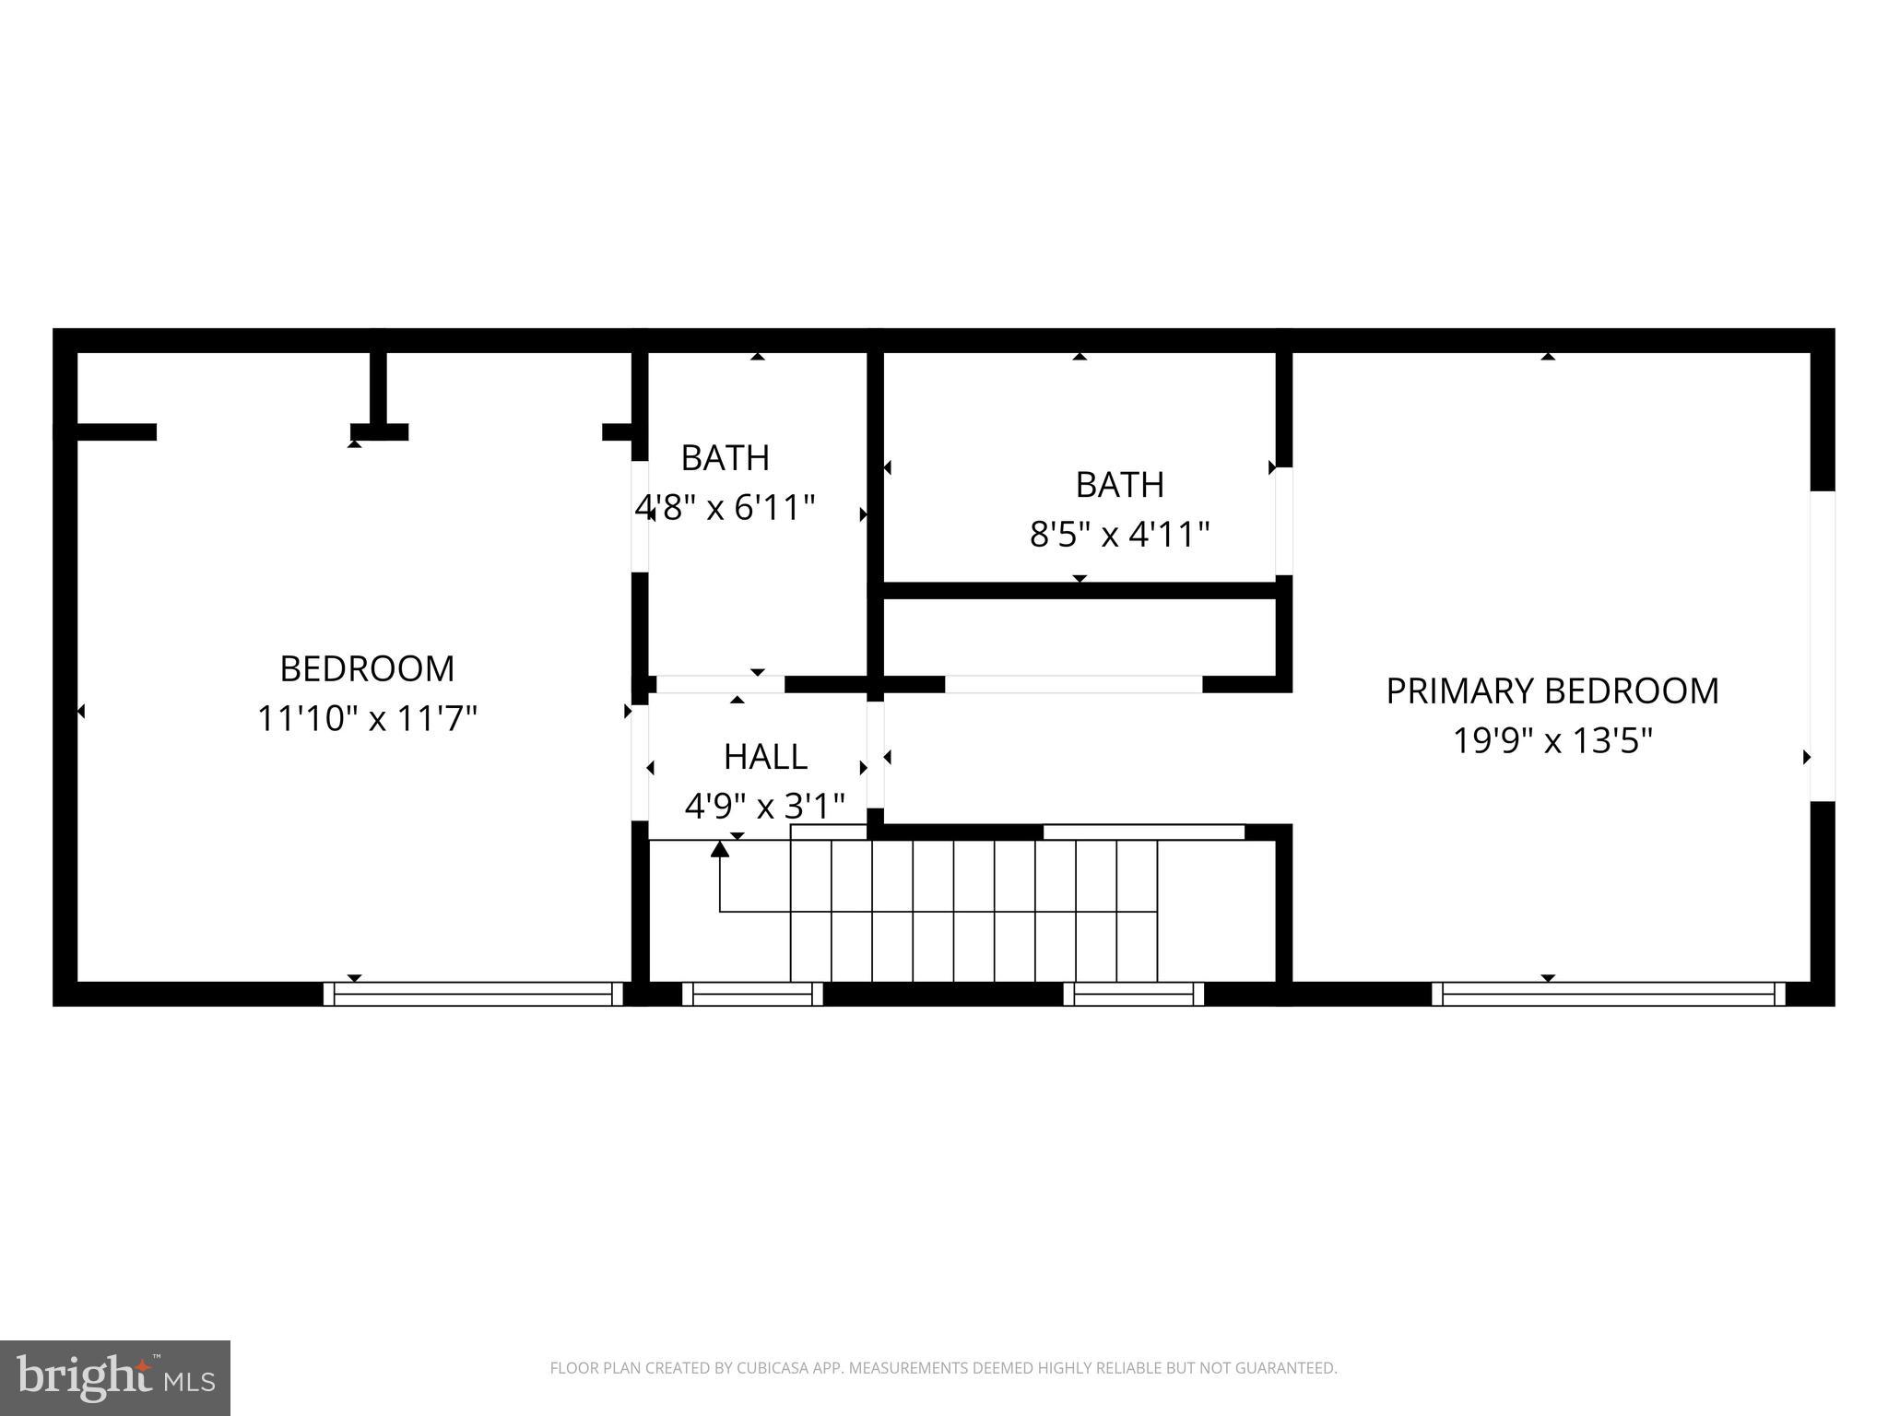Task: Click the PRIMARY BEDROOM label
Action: coord(1552,691)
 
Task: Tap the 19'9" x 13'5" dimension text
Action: coord(1552,740)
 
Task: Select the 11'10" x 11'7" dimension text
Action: coord(367,719)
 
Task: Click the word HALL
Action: coord(765,757)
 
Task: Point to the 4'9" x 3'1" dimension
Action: coord(764,807)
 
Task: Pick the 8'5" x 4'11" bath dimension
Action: coord(1119,534)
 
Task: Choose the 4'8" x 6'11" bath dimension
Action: coord(726,507)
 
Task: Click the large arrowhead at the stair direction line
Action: coord(720,848)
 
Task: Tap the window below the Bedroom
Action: coord(473,994)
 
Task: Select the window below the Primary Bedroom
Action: coord(1608,994)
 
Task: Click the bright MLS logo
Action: coord(114,1377)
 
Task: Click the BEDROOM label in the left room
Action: coord(367,669)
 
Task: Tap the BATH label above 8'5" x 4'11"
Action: coord(1119,485)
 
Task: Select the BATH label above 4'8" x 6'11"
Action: coord(725,458)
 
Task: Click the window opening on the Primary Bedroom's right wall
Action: coord(1822,645)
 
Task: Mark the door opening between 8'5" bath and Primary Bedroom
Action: coord(1283,521)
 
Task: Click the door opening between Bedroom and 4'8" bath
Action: coord(640,516)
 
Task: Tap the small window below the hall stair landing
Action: coord(752,994)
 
